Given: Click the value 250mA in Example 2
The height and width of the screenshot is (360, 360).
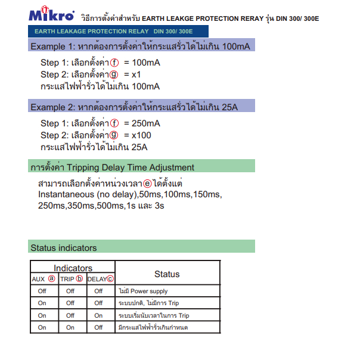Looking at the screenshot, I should click(x=145, y=123).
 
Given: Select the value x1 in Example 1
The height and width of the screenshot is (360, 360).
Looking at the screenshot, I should click(x=136, y=75).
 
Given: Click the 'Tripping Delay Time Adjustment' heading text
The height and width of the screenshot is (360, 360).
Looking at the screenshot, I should click(x=131, y=167).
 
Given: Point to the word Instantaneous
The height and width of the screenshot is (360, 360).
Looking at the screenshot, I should click(x=66, y=195).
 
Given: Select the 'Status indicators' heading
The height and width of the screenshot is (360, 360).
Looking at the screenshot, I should click(x=63, y=247).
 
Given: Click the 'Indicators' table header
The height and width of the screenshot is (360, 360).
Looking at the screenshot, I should click(x=73, y=268).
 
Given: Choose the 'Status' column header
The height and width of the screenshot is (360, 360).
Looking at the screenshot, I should click(x=167, y=274).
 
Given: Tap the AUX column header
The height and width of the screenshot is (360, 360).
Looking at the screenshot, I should click(x=38, y=279).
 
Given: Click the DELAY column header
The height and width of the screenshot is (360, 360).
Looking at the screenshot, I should click(x=98, y=279).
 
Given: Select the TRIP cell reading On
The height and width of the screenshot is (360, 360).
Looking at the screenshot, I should click(x=70, y=327).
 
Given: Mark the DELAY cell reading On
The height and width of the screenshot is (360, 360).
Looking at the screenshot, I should click(x=99, y=315).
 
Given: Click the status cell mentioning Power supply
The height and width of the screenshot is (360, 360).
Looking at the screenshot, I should click(x=144, y=291).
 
